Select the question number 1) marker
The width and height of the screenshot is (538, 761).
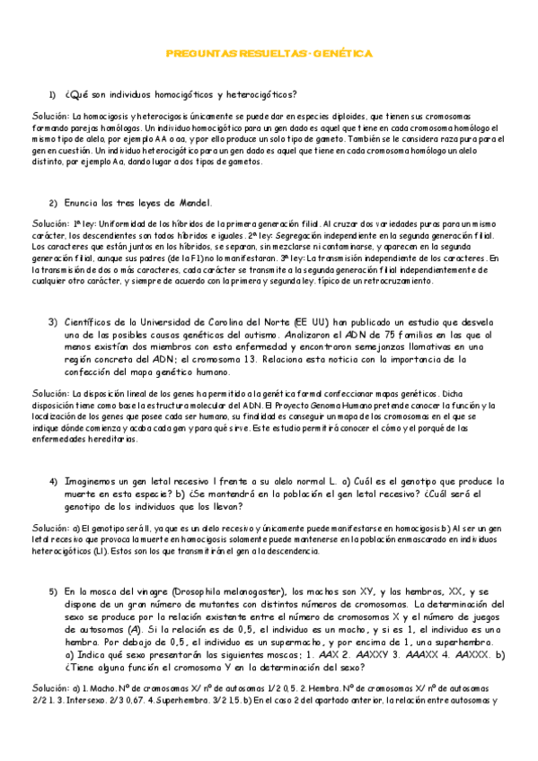pos(53,95)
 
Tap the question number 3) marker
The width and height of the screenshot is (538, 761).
pos(53,321)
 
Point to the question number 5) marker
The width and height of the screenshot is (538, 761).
pos(53,592)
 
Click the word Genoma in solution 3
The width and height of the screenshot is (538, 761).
pos(314,406)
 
